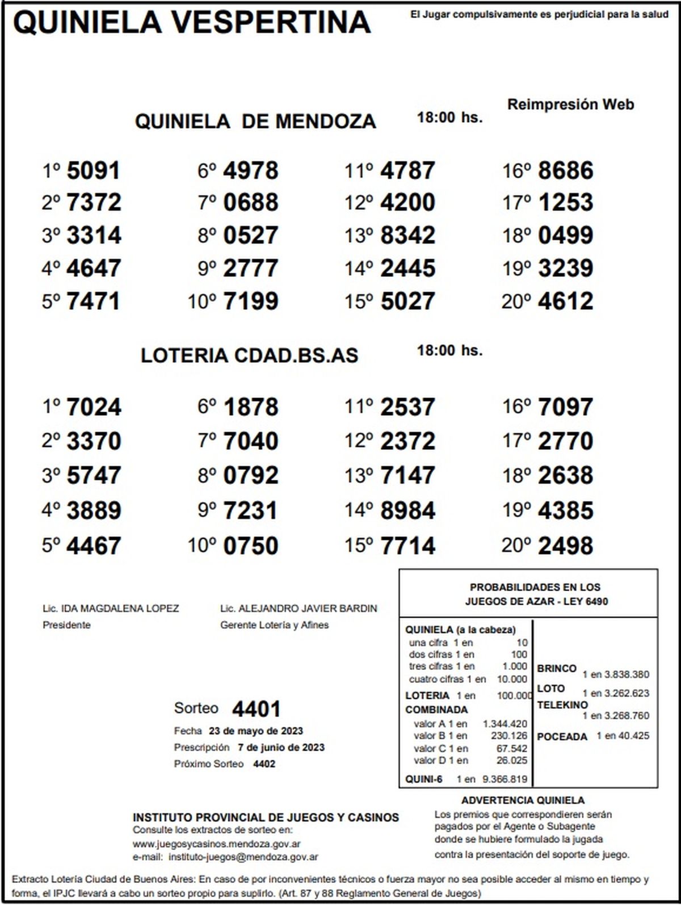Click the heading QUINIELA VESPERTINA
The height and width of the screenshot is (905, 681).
tap(192, 23)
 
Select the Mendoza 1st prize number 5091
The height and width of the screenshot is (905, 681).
tap(94, 170)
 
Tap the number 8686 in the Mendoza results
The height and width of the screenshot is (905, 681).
tap(565, 170)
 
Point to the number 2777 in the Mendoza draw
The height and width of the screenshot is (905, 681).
tap(251, 268)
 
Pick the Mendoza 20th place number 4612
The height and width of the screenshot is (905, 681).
tap(565, 301)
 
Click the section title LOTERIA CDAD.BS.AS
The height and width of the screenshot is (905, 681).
tap(250, 355)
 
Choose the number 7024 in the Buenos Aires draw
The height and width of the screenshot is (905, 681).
tap(94, 407)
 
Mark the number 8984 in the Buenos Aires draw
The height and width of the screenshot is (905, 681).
tap(408, 510)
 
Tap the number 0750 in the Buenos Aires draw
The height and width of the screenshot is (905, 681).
tap(251, 546)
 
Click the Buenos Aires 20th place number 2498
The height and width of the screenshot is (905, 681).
tap(565, 546)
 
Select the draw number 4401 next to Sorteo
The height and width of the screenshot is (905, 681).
tap(257, 709)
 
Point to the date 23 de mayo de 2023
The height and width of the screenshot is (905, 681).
tap(256, 731)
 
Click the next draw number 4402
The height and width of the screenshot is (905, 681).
tap(264, 764)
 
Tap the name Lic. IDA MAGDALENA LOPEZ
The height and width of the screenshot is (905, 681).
tap(111, 609)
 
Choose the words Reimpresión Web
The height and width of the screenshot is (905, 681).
tap(570, 104)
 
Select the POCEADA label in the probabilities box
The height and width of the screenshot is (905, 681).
tap(562, 736)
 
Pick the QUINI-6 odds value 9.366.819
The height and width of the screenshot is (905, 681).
tap(505, 779)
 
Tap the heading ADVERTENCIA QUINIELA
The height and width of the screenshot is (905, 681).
tap(523, 801)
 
